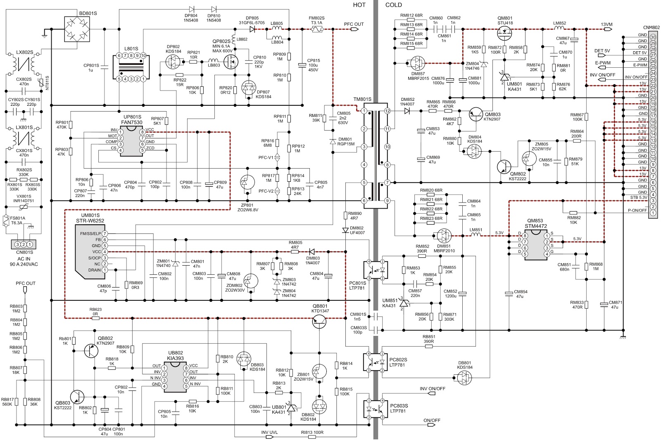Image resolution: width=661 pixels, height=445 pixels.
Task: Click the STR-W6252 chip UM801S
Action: pos(89,252)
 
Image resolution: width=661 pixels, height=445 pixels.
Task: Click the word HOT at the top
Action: pos(359,5)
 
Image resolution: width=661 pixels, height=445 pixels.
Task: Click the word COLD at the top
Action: pos(393,5)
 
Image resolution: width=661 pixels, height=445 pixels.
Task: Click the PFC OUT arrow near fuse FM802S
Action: pos(353,30)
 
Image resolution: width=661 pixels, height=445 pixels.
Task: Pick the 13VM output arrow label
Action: pos(607,30)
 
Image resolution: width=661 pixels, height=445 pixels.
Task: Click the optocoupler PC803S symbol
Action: pos(375,409)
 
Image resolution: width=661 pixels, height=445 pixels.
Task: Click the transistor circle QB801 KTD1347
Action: pos(321,321)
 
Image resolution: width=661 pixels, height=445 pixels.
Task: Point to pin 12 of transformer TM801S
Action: pos(387,111)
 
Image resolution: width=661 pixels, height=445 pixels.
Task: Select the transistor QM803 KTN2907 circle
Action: pos(478,114)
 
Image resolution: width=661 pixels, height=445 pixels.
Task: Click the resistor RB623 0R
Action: pos(95,319)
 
